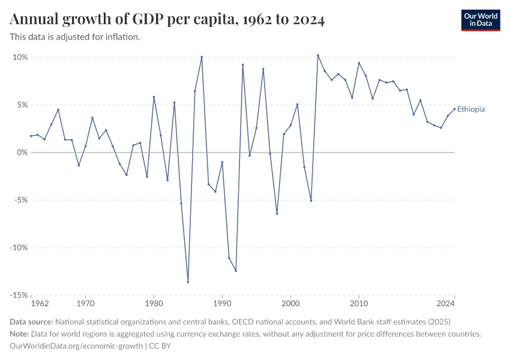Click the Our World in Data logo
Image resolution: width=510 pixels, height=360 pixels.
tap(480, 20)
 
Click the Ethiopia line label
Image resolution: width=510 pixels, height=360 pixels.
tap(471, 109)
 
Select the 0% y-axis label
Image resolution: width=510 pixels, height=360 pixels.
tap(22, 152)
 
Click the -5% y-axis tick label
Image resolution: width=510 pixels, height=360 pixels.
tap(19, 200)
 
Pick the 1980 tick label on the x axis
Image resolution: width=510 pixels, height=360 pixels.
tap(154, 304)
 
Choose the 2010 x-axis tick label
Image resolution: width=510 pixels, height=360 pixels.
tap(359, 304)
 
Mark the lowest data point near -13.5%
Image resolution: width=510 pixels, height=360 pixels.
tap(188, 282)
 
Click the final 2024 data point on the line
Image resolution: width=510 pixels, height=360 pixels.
tap(455, 109)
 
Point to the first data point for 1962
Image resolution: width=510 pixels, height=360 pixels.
tap(31, 136)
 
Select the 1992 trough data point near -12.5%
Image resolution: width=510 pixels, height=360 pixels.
tap(236, 271)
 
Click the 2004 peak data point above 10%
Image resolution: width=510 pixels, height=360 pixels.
tap(318, 55)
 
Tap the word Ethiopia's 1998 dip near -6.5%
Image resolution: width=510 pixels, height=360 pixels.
tap(277, 214)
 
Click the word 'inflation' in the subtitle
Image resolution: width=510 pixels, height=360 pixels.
tap(124, 37)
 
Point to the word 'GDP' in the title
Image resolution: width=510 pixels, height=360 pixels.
tap(166, 19)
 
